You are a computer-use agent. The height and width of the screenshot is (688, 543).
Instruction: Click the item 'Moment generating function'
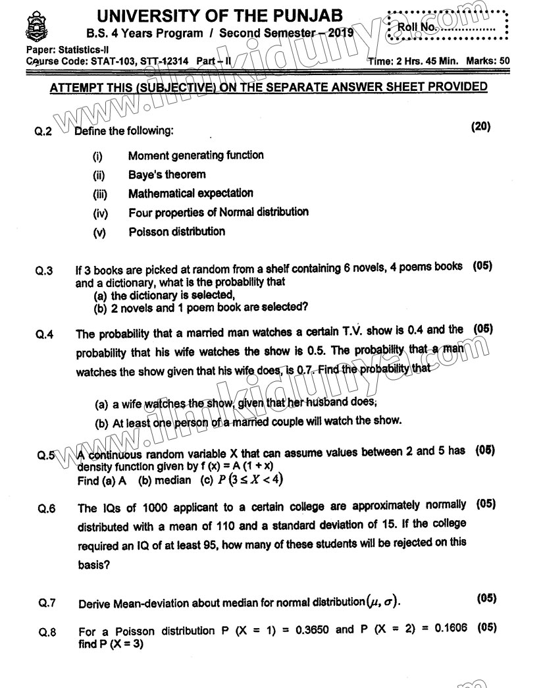(195, 156)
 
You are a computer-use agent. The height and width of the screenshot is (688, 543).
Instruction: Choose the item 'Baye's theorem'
(167, 175)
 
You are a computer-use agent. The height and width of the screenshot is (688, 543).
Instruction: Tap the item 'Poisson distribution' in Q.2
(176, 232)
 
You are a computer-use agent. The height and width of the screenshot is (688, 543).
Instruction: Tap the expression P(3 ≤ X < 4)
(247, 480)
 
